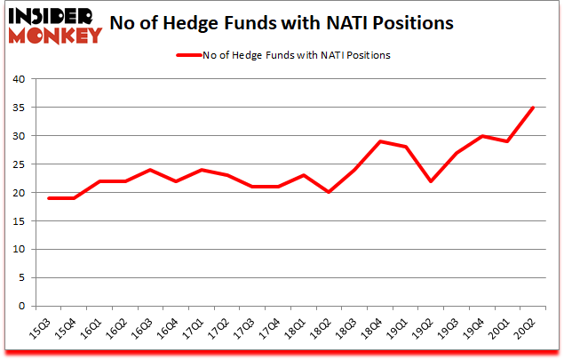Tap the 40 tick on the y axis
[x=19, y=79]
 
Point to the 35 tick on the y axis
[x=19, y=108]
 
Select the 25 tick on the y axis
[x=19, y=164]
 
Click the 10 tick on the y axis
[x=19, y=250]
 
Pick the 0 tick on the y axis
[x=21, y=307]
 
